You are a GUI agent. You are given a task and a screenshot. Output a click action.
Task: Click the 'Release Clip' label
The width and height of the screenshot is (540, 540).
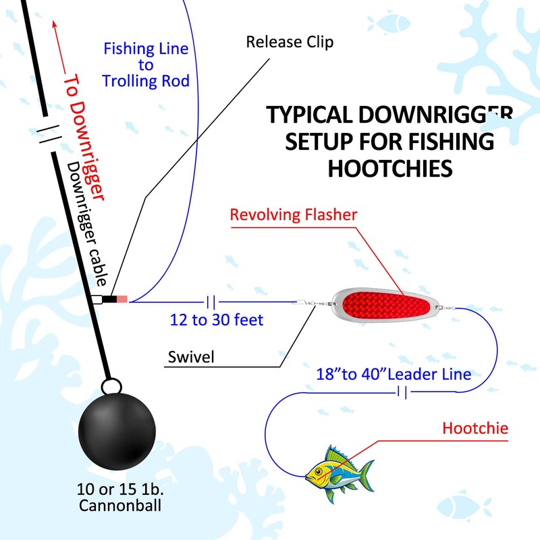(x=290, y=43)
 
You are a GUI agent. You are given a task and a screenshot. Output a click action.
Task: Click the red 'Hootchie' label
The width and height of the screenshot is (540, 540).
(x=475, y=427)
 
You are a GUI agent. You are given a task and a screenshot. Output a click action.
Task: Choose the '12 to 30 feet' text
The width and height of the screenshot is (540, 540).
(x=217, y=319)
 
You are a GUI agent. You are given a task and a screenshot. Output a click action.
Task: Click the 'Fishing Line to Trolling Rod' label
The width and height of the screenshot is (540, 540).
(x=145, y=65)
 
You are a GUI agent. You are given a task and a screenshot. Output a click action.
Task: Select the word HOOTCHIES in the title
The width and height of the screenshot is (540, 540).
(x=389, y=168)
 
